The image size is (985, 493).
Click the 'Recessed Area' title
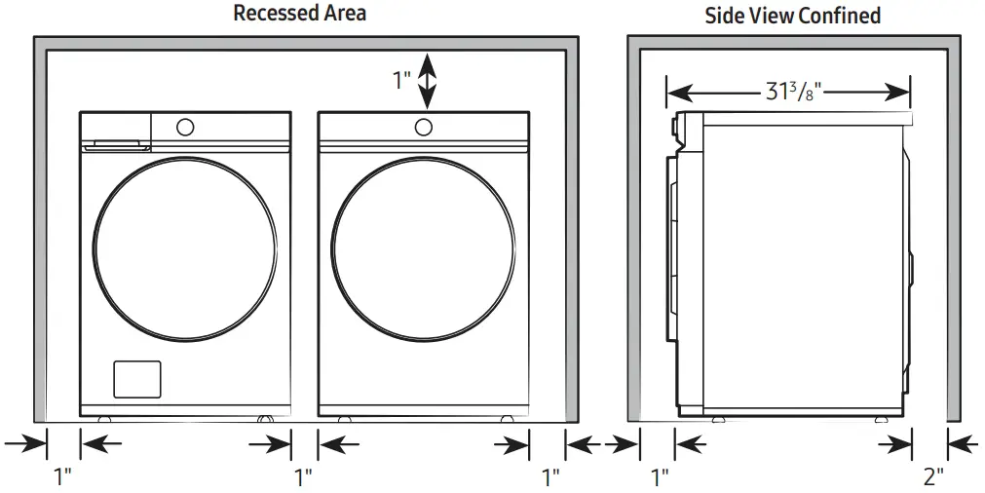click(300, 14)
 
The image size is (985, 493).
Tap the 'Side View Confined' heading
click(792, 15)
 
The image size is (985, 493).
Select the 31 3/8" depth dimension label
click(788, 93)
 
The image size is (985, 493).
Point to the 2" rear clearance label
click(932, 476)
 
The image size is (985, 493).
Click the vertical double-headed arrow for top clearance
click(427, 81)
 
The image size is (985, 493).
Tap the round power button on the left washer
click(184, 127)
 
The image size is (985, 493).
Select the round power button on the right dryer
click(423, 127)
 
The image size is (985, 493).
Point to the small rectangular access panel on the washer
click(136, 379)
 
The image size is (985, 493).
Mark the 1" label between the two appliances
click(303, 476)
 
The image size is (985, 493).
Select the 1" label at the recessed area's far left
click(63, 476)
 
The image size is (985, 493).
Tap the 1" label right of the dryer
click(550, 476)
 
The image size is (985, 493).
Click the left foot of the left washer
click(103, 419)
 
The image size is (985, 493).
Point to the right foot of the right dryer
click(507, 419)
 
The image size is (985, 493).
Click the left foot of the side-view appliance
click(717, 419)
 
